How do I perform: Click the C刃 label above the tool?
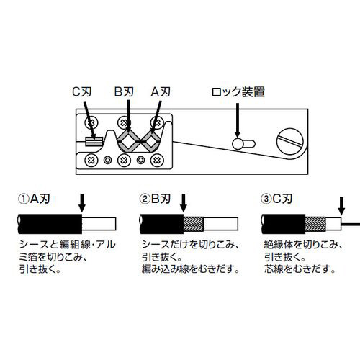pos(82,91)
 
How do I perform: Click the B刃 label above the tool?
pos(124,91)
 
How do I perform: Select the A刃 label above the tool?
pos(161,91)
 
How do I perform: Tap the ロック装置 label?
pos(238,92)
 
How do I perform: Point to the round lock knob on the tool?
pos(238,144)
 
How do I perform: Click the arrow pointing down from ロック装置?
pos(238,121)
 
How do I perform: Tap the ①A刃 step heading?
pos(34,199)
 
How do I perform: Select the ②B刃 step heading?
pos(155,199)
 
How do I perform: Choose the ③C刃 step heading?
pos(276,199)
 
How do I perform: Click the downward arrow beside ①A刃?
pos(82,203)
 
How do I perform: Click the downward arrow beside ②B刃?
pos(184,203)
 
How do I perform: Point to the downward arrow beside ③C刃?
pos(341,206)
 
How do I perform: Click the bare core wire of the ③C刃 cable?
pos(351,225)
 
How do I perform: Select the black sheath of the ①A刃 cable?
pos(50,224)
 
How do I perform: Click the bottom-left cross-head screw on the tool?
pos(91,160)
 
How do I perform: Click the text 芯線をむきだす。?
pos(300,269)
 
